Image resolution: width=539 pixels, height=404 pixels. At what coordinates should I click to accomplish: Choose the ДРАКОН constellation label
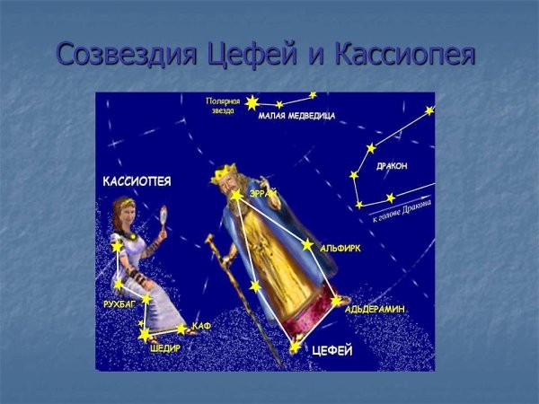pos(392,166)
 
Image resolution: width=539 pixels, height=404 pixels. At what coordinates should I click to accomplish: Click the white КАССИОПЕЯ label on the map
pos(137,181)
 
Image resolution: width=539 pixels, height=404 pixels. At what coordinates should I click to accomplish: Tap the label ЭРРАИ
pos(263,193)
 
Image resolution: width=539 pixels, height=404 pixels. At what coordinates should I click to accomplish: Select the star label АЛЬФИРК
pos(340,247)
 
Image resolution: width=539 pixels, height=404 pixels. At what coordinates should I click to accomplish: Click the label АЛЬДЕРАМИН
pos(375,309)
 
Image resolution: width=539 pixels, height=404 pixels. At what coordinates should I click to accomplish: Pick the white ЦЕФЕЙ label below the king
pos(331,350)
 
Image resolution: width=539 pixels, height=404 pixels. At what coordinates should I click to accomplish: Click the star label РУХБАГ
pos(119,305)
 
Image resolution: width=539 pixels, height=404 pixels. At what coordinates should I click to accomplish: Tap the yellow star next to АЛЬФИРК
pos(307,244)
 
